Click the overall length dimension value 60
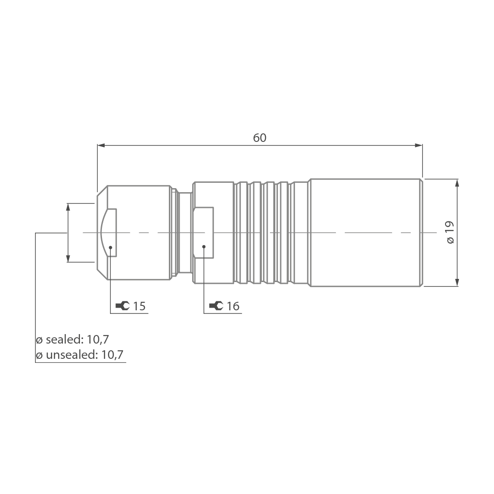tap(260, 138)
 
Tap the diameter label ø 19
tap(450, 232)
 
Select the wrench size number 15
tap(139, 306)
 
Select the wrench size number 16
tap(233, 306)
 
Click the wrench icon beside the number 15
tap(122, 306)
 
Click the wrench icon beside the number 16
tap(216, 306)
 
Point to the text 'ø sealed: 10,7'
tap(72, 339)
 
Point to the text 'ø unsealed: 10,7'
tap(79, 355)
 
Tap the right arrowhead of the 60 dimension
tap(419, 145)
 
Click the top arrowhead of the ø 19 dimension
tap(457, 183)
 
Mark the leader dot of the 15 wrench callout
tap(110, 247)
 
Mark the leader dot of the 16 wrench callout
tap(204, 247)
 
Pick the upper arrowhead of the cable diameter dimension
tap(68, 207)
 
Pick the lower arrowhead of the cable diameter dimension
tap(68, 258)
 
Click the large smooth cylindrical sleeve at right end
tap(366, 232)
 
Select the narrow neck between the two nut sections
tap(185, 232)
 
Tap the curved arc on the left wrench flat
tap(103, 232)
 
